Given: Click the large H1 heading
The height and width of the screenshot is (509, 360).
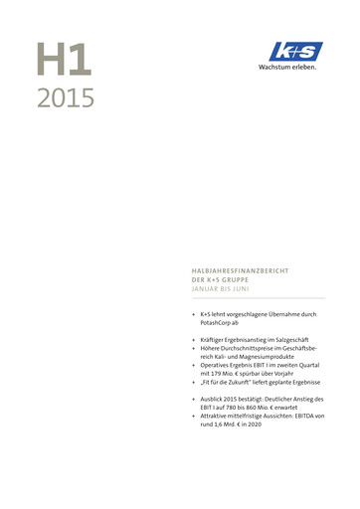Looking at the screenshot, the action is click(65, 61).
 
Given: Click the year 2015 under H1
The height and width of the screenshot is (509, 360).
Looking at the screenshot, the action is click(66, 98).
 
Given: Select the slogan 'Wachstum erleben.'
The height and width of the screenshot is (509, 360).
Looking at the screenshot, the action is click(287, 68).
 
